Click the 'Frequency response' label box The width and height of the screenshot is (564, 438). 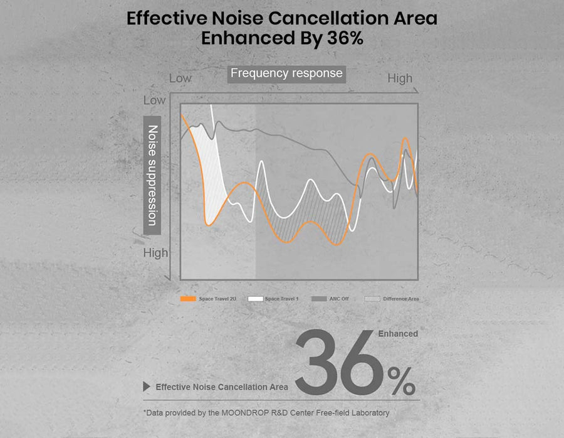[286, 73]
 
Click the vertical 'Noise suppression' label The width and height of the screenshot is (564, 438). [152, 175]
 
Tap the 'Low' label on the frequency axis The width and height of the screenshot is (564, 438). [180, 78]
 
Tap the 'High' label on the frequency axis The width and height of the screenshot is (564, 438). [400, 78]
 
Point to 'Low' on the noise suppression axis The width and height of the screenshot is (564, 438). [155, 100]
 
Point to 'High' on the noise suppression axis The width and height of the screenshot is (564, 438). [156, 253]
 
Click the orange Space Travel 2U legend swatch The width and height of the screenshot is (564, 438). [188, 299]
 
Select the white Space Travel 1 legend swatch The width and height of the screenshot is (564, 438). [255, 299]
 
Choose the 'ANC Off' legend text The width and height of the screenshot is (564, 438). [339, 299]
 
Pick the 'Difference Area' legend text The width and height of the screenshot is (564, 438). [401, 299]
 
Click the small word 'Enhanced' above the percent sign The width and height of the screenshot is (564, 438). [398, 334]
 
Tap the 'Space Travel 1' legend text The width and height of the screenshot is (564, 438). [281, 299]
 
